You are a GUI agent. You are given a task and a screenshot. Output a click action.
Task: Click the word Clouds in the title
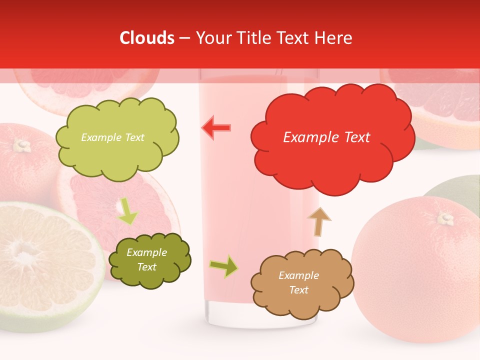147,38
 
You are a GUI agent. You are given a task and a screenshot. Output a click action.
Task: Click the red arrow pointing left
216,127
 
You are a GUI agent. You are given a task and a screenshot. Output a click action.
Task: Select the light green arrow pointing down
127,211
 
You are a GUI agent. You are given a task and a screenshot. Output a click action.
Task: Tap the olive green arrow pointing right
224,266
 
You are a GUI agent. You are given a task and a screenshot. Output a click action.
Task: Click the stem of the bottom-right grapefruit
445,218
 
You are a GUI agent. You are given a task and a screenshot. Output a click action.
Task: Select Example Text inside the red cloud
326,137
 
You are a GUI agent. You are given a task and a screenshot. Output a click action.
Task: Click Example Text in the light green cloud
112,137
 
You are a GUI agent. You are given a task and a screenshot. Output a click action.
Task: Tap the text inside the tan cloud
298,282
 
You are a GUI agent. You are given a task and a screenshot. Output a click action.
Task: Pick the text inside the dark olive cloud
146,259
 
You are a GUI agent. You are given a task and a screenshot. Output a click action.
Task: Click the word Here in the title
335,38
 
